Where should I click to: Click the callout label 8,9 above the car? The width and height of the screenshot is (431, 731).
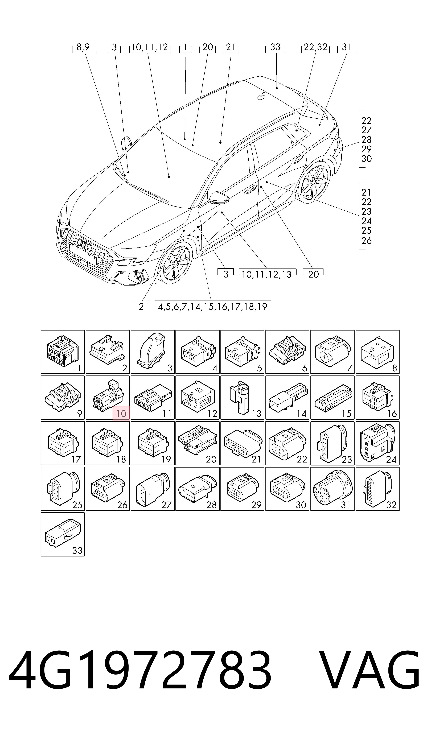pyautogui.click(x=83, y=47)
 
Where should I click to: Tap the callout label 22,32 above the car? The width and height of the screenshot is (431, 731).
pyautogui.click(x=316, y=47)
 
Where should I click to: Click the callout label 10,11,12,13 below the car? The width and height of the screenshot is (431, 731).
pyautogui.click(x=267, y=274)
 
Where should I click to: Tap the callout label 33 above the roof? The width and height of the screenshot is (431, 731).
pyautogui.click(x=275, y=47)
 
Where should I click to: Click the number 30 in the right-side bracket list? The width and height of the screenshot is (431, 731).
pyautogui.click(x=367, y=159)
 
